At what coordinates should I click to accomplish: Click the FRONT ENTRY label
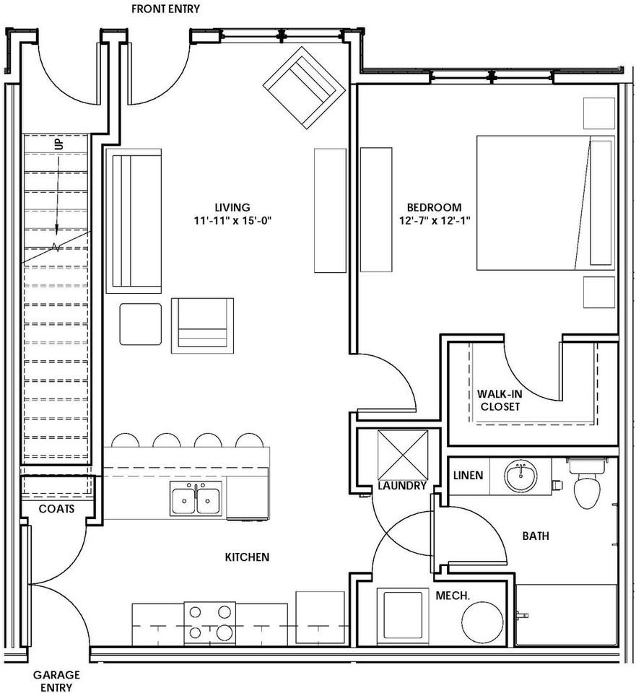click(x=166, y=9)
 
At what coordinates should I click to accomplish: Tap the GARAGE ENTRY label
click(x=56, y=681)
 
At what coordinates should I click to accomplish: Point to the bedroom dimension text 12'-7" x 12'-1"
click(x=433, y=221)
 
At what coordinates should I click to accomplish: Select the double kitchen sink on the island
click(x=196, y=500)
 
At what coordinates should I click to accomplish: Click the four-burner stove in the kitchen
click(x=210, y=623)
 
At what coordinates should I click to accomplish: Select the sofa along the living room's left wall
click(x=134, y=221)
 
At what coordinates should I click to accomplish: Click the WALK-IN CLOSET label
click(x=499, y=401)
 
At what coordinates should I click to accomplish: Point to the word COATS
click(x=56, y=508)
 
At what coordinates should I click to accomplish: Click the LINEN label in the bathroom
click(x=468, y=476)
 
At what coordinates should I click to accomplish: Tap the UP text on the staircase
click(x=58, y=145)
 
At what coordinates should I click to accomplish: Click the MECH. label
click(x=453, y=596)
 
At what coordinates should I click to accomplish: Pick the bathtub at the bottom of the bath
click(x=566, y=614)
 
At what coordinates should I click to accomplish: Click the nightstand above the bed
click(x=598, y=111)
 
